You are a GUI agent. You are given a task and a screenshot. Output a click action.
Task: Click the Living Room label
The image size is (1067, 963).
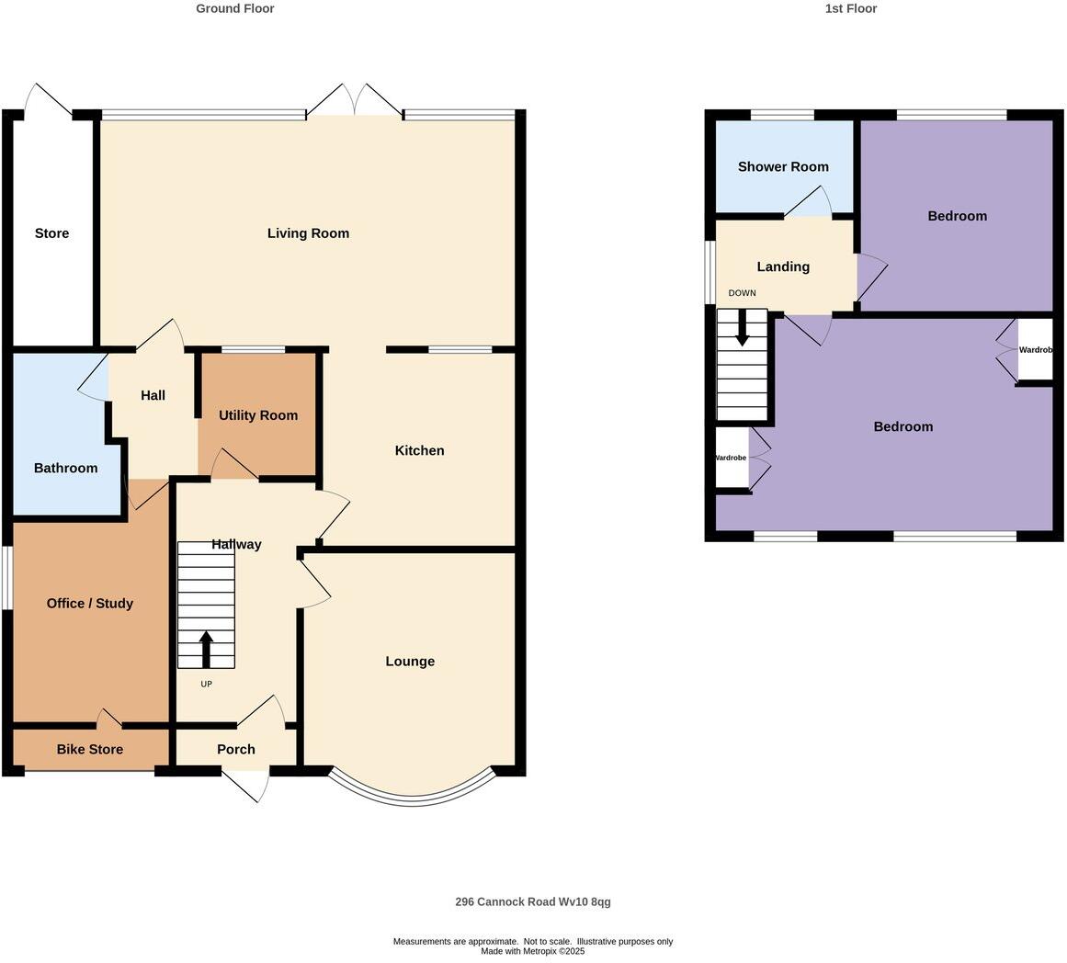click(x=308, y=233)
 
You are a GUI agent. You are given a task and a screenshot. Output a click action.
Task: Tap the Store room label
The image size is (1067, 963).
click(x=51, y=233)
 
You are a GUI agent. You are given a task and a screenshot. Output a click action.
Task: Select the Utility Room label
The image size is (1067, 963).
click(x=258, y=415)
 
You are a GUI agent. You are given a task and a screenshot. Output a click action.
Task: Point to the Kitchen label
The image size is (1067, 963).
click(x=419, y=450)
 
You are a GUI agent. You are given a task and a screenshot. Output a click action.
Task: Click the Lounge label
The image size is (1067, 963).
click(x=410, y=662)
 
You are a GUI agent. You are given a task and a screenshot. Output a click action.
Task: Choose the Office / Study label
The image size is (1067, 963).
click(x=90, y=604)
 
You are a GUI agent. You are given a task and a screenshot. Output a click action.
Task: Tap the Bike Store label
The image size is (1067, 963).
click(x=90, y=750)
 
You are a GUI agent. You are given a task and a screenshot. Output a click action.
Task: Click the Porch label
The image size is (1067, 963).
click(x=236, y=750)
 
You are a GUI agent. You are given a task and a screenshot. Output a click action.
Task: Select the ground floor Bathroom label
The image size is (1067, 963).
click(x=65, y=469)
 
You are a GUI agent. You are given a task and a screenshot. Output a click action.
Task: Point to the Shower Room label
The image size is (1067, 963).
click(x=783, y=167)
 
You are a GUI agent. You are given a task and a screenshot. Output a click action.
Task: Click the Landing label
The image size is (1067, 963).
click(x=783, y=267)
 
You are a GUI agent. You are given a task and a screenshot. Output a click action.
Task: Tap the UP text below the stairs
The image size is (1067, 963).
click(x=206, y=685)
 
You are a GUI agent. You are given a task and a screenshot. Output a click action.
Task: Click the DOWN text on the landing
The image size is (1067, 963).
click(x=742, y=293)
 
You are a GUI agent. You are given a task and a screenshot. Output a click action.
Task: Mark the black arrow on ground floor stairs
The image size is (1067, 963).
click(x=206, y=648)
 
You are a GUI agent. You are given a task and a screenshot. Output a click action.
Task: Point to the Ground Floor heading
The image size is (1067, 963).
click(x=235, y=8)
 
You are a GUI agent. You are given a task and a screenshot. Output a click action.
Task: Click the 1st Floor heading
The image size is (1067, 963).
click(x=851, y=8)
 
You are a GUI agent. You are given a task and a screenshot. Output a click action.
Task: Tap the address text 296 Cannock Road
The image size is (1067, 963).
click(x=533, y=902)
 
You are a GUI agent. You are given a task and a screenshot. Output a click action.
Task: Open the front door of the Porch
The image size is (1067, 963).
click(x=246, y=786)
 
